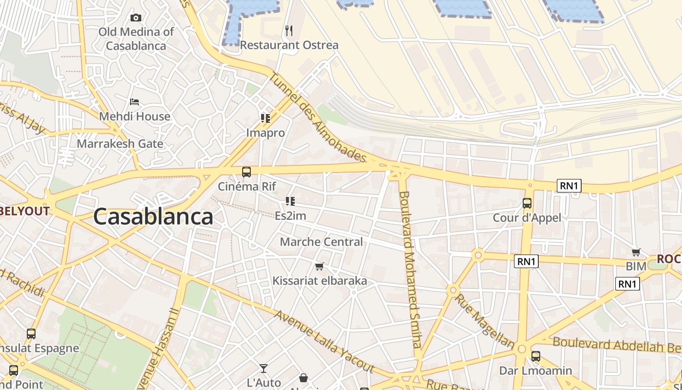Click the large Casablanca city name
coord(153,216)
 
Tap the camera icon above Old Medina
coord(136,18)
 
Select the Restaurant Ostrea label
coord(289,45)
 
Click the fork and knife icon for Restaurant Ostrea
coord(289,31)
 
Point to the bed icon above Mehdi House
coord(134,102)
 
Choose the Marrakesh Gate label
coord(120,144)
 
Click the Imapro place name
coord(265,133)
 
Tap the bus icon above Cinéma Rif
coord(246,172)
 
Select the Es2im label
coord(290,215)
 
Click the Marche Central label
coord(321,242)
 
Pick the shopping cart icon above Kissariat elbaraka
coord(319,266)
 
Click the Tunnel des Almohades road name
coord(317,117)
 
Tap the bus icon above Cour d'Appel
coord(527,203)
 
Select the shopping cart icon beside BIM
coord(636,252)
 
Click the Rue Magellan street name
coord(484,321)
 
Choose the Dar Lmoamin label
coord(535,370)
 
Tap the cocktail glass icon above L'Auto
coord(264,368)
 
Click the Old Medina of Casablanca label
coord(136,39)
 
